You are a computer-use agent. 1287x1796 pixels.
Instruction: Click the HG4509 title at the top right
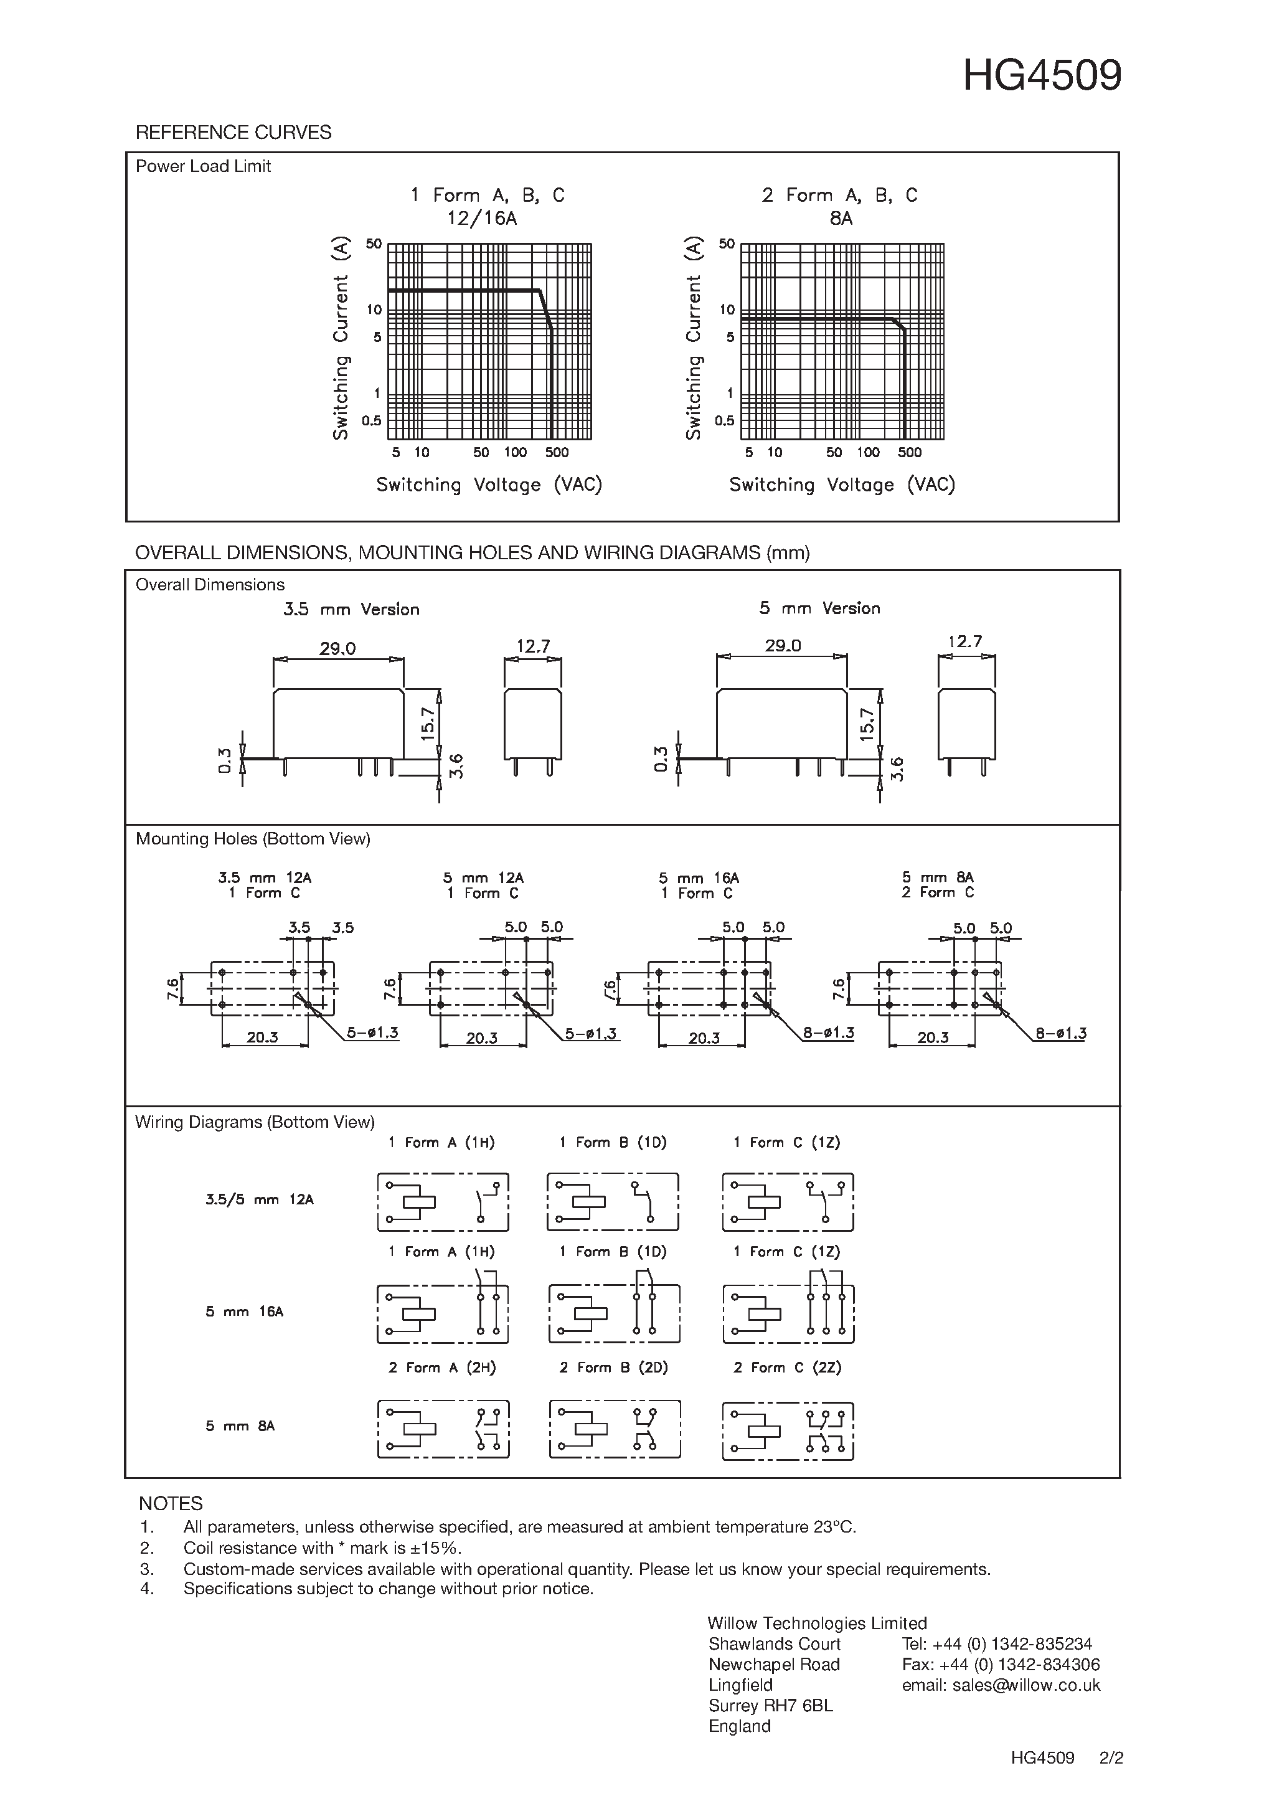point(1042,76)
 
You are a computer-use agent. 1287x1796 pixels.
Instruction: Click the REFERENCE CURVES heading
point(233,132)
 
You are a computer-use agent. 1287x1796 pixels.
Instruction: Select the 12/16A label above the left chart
point(481,219)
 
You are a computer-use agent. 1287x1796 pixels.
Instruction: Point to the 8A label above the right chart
point(841,219)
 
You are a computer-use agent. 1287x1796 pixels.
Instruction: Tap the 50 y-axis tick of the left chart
point(374,244)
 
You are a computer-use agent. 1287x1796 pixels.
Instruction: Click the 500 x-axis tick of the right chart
point(910,452)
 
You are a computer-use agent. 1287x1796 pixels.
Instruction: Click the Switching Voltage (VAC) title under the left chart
point(489,484)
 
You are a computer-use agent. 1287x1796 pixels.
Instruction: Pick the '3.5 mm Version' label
point(351,609)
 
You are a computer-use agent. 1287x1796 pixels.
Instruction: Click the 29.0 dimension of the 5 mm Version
point(782,645)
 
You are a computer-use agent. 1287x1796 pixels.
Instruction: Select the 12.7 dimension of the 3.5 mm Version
point(533,646)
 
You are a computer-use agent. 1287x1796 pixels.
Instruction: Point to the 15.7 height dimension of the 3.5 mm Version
point(428,724)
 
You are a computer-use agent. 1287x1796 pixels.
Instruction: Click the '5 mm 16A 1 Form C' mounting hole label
point(698,886)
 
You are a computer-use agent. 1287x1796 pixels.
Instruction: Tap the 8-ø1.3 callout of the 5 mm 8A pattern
point(1060,1033)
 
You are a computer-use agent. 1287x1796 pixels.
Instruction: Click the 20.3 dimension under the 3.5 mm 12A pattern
point(262,1037)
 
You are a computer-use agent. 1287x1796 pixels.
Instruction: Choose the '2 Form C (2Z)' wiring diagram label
point(787,1368)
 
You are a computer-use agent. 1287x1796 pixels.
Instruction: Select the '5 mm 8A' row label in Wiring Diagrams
point(240,1426)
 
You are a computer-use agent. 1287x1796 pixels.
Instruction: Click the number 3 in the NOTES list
point(146,1569)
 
